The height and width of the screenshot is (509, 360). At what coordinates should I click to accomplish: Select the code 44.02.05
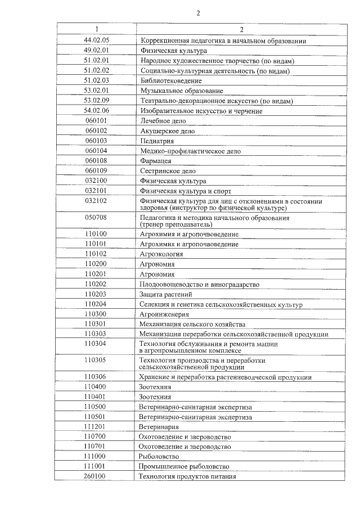coord(96,40)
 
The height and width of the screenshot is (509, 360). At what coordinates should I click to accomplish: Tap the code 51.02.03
coord(96,80)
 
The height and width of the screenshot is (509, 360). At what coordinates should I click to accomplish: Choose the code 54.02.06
coord(96,111)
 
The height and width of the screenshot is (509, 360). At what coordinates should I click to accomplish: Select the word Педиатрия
coord(156,141)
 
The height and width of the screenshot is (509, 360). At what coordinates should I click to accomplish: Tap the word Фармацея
coord(156,161)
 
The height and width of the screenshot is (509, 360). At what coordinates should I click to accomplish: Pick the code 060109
coord(96,171)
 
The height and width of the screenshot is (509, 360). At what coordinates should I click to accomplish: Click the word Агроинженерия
coord(164,314)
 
